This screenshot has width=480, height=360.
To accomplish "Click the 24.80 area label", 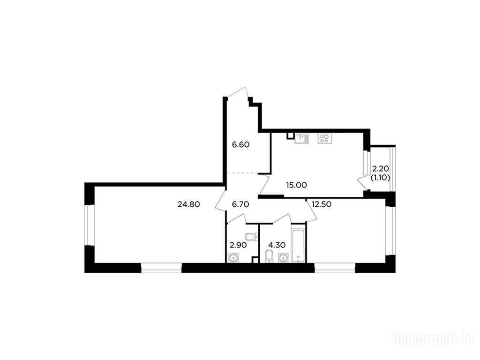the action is coord(188,204).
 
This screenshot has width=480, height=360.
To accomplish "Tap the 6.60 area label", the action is coord(240,144).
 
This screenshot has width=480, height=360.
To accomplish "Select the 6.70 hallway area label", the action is coord(240,204).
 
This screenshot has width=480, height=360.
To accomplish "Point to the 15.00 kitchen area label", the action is coord(296,185).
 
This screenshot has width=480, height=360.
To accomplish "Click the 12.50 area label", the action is coord(322,204).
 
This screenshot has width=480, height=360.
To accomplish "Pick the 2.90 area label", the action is coord(238,245).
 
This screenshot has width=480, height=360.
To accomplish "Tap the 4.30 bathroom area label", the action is coord(277,245).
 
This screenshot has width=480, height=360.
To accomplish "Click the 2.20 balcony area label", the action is coord(381,169).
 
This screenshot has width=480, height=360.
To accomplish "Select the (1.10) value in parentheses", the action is coord(381,178).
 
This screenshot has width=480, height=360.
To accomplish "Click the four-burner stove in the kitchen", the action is coord(325,139).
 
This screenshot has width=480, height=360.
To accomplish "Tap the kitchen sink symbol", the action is coord(301,139).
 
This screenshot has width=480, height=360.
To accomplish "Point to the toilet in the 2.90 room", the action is coord(251,237).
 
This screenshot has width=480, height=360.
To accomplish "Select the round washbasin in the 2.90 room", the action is coord(233,258).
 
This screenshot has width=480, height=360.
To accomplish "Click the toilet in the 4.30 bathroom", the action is coord(269,256).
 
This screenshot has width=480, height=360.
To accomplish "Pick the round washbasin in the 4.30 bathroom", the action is coord(283,258).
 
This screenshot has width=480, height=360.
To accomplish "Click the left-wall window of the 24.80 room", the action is coord(90,225).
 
